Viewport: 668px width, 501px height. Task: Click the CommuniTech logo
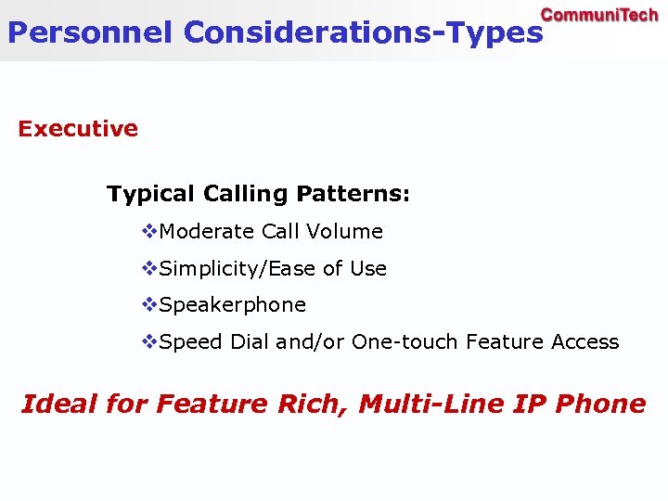click(x=599, y=15)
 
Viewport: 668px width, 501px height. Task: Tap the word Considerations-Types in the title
click(x=363, y=33)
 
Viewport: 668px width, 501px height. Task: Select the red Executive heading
click(x=78, y=129)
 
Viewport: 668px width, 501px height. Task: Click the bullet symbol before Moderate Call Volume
click(x=149, y=231)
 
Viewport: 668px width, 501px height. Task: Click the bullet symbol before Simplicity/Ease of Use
click(x=149, y=268)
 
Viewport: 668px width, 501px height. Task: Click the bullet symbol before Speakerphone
click(x=149, y=304)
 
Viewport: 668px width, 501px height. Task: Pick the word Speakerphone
click(x=233, y=305)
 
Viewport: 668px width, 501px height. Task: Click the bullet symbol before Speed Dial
click(x=149, y=341)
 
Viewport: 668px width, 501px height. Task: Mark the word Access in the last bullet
click(x=584, y=342)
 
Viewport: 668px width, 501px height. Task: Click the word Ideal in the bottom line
click(x=58, y=405)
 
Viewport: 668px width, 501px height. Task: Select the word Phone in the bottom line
click(x=603, y=405)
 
